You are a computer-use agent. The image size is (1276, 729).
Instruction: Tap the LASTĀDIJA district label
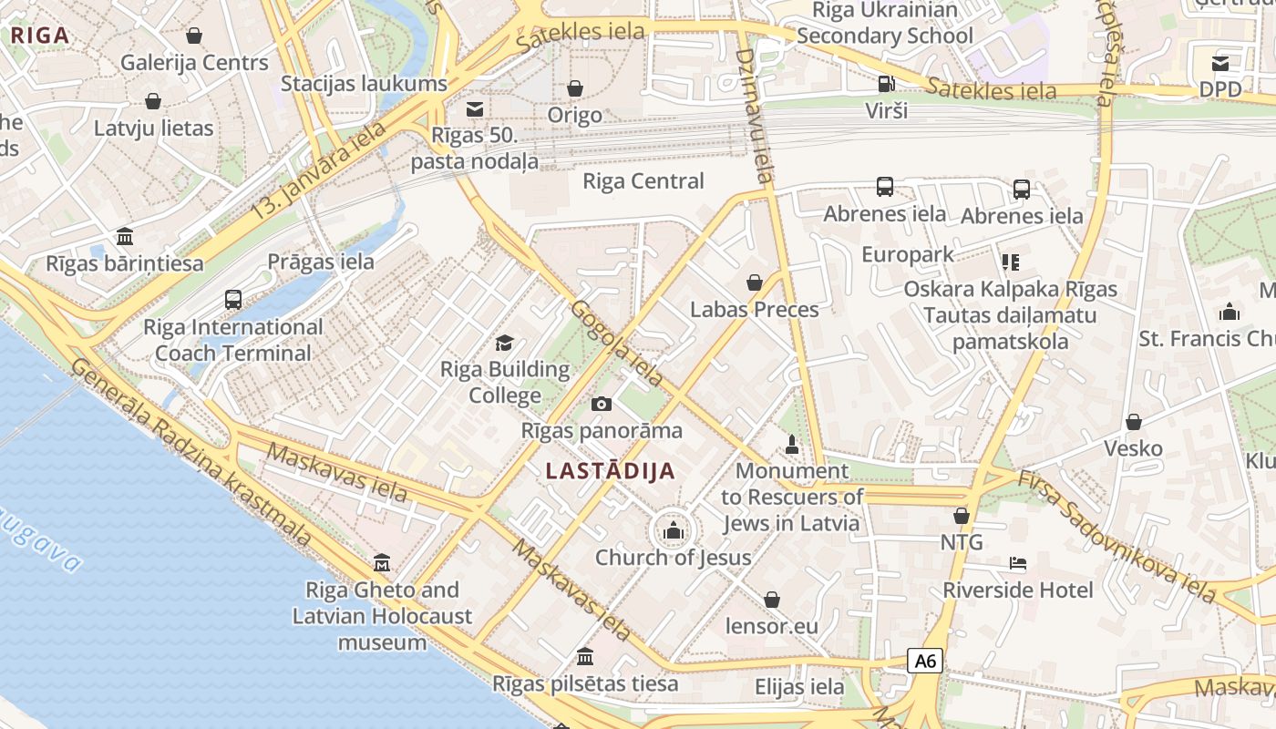pyautogui.click(x=611, y=471)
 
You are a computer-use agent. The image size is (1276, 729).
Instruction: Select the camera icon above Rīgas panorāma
pyautogui.click(x=602, y=404)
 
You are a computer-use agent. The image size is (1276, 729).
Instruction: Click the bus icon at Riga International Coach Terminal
pyautogui.click(x=233, y=299)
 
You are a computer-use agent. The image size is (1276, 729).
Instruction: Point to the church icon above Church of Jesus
pyautogui.click(x=674, y=529)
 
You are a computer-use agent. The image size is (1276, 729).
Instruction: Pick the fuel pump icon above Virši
pyautogui.click(x=885, y=84)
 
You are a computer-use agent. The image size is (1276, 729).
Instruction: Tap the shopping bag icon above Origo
pyautogui.click(x=575, y=88)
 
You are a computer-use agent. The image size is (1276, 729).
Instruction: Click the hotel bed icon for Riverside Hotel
pyautogui.click(x=1018, y=563)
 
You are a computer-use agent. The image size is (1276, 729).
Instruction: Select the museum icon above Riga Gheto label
pyautogui.click(x=382, y=563)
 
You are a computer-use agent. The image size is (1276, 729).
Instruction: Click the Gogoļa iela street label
pyautogui.click(x=617, y=342)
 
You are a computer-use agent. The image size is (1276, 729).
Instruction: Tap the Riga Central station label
pyautogui.click(x=643, y=180)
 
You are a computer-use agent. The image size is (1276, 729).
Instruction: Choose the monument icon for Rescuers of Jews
pyautogui.click(x=791, y=445)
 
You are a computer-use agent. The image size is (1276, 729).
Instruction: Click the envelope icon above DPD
pyautogui.click(x=1220, y=63)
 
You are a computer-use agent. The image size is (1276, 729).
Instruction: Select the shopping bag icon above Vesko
pyautogui.click(x=1134, y=422)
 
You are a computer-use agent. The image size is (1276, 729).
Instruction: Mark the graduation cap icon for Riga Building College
pyautogui.click(x=504, y=344)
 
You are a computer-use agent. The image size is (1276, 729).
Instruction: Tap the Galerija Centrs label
pyautogui.click(x=194, y=63)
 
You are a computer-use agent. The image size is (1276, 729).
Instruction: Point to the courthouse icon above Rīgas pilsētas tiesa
pyautogui.click(x=585, y=656)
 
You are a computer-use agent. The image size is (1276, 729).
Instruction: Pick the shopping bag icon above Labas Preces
pyautogui.click(x=755, y=282)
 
